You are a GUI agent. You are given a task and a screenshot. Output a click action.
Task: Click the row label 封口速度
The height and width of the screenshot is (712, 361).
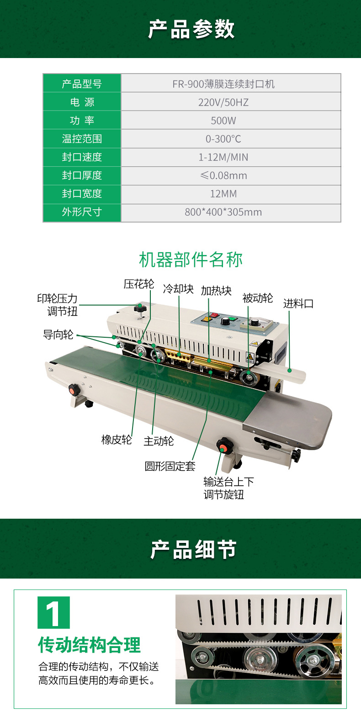click(82, 157)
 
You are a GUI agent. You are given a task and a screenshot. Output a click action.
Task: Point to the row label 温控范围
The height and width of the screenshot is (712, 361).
click(82, 138)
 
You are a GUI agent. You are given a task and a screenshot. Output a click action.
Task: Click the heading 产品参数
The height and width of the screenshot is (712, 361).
click(191, 29)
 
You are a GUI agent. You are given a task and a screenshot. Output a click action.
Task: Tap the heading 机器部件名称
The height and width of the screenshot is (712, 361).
click(191, 260)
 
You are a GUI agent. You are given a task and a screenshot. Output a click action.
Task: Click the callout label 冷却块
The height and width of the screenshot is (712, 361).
click(178, 289)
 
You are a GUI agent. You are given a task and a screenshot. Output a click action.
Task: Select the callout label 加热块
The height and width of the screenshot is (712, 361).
click(216, 291)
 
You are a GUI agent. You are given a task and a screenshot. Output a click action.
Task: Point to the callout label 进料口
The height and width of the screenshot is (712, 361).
click(298, 303)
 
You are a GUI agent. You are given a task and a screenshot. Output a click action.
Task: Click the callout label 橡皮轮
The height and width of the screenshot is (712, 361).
click(117, 440)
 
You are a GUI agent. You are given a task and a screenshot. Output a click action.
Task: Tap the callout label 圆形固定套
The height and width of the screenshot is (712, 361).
click(170, 466)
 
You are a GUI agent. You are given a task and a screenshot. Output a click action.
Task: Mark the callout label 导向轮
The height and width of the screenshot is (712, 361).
click(58, 335)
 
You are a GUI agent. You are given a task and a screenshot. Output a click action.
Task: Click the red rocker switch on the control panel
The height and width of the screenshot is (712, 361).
click(214, 315)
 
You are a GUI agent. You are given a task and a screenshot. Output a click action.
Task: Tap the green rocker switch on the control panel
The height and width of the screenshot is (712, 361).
click(234, 318)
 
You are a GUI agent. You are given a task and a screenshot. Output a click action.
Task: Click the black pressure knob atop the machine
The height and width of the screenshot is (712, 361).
click(139, 308)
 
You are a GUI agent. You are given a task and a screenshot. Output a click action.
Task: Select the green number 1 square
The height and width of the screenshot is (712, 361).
click(53, 612)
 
